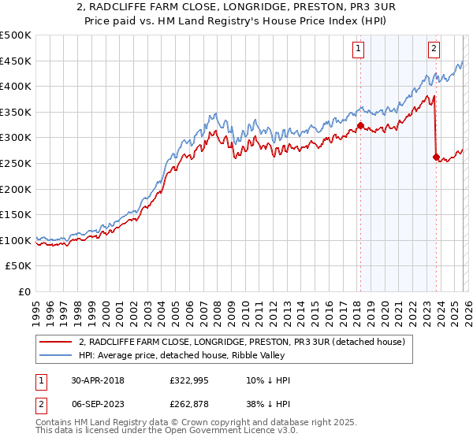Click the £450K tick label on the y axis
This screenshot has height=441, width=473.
[16, 61]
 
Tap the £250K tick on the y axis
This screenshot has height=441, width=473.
[16, 164]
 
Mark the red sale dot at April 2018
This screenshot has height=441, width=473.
[360, 125]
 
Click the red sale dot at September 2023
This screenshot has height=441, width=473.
[435, 157]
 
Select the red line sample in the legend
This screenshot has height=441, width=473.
[57, 342]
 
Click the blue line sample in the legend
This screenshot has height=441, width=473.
[57, 355]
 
